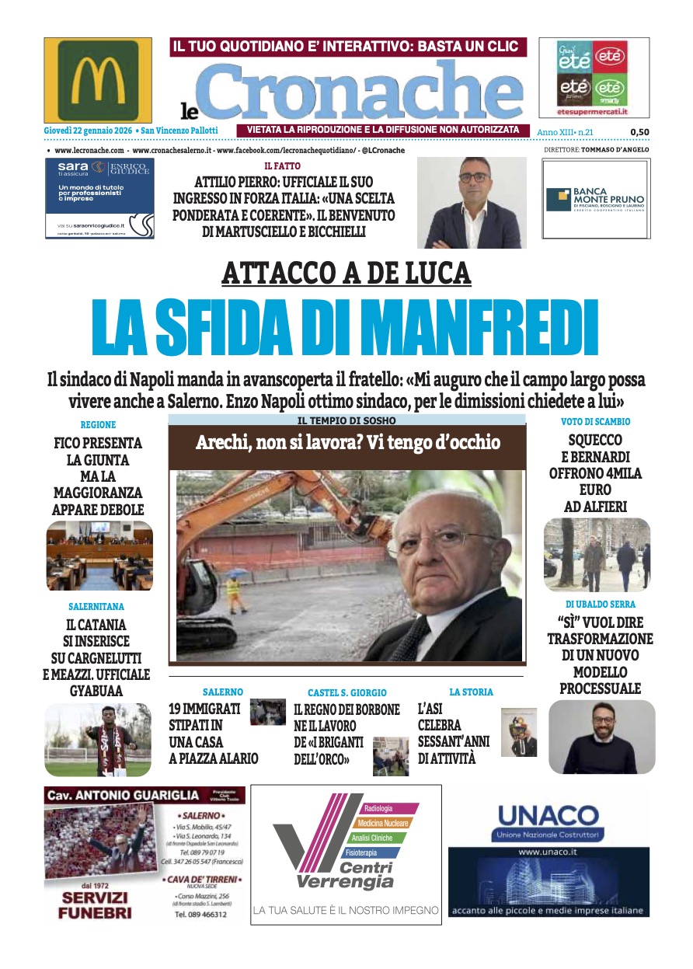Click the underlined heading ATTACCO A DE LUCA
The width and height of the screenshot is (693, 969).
click(x=346, y=274)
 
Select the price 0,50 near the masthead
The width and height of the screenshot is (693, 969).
click(x=639, y=132)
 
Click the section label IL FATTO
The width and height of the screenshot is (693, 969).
click(x=282, y=166)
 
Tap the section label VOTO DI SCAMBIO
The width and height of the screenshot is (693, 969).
click(x=595, y=422)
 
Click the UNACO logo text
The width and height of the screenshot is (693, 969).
click(x=548, y=817)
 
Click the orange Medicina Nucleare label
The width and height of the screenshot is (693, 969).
click(x=384, y=823)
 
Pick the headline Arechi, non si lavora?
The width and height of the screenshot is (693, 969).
click(x=347, y=444)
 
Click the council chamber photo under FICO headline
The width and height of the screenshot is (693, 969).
click(x=99, y=556)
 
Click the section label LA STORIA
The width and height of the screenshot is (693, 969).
click(x=471, y=692)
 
